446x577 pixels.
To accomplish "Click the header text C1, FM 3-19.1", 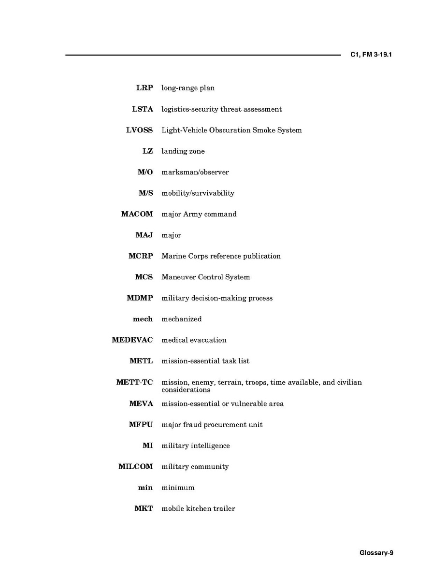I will pyautogui.click(x=371, y=55).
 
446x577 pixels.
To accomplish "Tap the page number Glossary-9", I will pyautogui.click(x=376, y=553).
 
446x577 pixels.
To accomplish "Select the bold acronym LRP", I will pyautogui.click(x=144, y=88).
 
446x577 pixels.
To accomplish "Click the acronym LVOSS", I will pyautogui.click(x=139, y=130).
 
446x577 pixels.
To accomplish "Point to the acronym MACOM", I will pyautogui.click(x=137, y=214).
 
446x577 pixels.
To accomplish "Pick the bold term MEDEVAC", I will pyautogui.click(x=132, y=340).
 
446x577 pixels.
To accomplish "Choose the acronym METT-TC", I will pyautogui.click(x=134, y=382).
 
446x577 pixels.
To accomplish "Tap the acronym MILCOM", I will pyautogui.click(x=135, y=467).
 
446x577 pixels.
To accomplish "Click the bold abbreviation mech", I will pyautogui.click(x=143, y=319).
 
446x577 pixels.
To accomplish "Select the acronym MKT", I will pyautogui.click(x=144, y=509).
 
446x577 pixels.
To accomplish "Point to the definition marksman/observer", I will pyautogui.click(x=195, y=172).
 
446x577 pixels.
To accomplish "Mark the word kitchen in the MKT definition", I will pyautogui.click(x=199, y=509).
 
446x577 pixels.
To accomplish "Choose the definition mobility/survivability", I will pyautogui.click(x=198, y=193).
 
